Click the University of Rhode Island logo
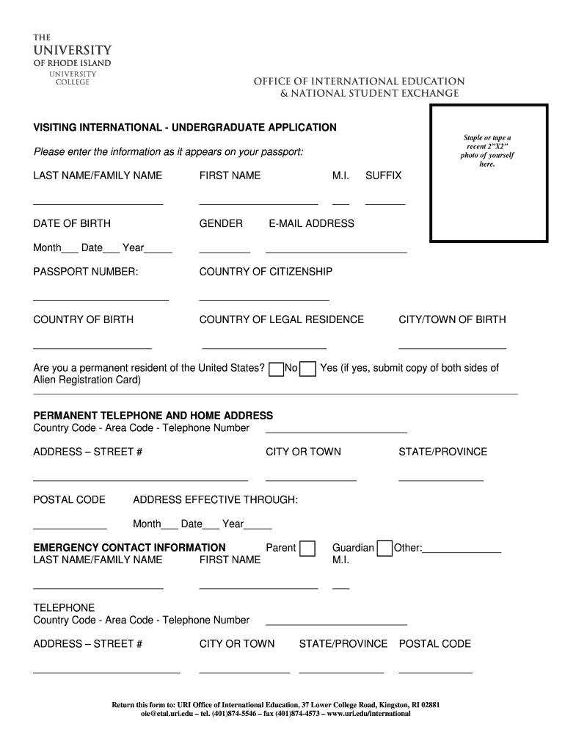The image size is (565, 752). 72,59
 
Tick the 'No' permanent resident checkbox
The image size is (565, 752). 276,369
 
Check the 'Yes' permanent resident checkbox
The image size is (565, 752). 309,369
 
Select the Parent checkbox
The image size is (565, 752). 307,549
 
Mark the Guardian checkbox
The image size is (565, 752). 384,549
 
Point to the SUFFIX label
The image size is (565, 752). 383,176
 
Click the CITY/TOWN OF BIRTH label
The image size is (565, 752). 452,319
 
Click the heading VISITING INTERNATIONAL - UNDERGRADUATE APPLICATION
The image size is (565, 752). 185,128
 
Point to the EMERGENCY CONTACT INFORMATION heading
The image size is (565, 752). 130,548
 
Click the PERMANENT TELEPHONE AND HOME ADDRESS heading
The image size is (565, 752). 153,416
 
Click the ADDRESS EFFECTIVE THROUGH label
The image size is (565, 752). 215,500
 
